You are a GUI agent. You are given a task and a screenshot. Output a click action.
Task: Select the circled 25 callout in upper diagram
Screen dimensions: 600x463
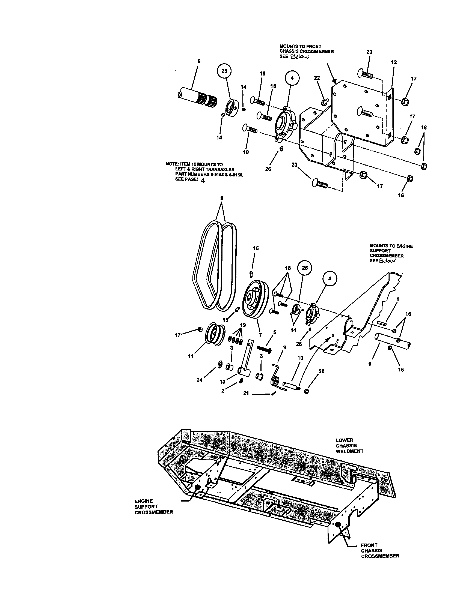click(x=225, y=71)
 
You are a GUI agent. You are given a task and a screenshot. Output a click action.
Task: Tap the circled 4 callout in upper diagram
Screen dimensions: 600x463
click(x=292, y=78)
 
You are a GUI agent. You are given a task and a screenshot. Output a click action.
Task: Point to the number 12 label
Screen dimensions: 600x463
click(x=394, y=62)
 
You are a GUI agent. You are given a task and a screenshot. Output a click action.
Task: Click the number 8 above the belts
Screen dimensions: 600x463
click(x=222, y=198)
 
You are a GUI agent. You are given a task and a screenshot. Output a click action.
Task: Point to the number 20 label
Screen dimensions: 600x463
click(x=321, y=371)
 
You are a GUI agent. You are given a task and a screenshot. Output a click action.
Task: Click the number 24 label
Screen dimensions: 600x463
click(x=200, y=380)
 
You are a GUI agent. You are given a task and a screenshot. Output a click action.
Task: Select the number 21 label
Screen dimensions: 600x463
click(x=246, y=393)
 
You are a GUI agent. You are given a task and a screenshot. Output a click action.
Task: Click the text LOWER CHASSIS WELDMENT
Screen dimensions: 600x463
click(x=349, y=446)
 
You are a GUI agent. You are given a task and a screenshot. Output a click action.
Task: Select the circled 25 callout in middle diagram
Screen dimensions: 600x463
click(x=305, y=268)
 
